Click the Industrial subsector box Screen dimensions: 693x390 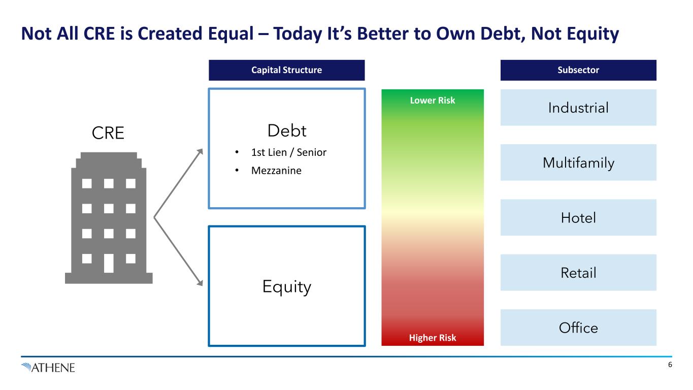click(x=578, y=108)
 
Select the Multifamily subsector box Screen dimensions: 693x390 click(x=578, y=162)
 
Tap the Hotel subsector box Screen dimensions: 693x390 click(x=578, y=217)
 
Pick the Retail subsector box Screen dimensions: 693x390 click(x=578, y=272)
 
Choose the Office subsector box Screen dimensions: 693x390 click(x=578, y=328)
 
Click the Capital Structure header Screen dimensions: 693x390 click(x=286, y=70)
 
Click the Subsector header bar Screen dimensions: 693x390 click(x=578, y=70)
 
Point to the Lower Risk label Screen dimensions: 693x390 click(x=432, y=100)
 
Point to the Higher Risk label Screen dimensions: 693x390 click(x=432, y=338)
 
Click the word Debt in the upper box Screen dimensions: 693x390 click(x=287, y=131)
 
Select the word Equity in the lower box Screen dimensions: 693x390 click(x=286, y=286)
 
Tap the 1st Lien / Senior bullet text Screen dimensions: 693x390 click(x=289, y=152)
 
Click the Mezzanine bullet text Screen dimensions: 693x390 click(x=276, y=171)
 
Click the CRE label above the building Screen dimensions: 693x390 click(x=108, y=133)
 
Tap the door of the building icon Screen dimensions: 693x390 click(x=109, y=263)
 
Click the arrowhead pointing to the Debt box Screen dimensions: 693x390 click(x=201, y=151)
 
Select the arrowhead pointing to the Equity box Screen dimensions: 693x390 click(x=201, y=283)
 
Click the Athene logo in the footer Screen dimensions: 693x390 click(x=48, y=368)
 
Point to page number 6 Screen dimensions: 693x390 click(x=670, y=365)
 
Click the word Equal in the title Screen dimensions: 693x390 click(x=231, y=34)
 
